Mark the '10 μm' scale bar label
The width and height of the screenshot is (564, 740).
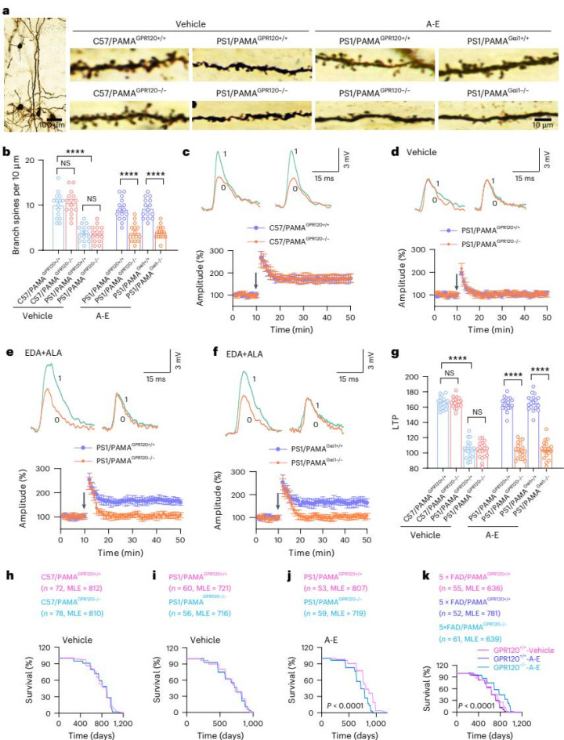click(x=545, y=125)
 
